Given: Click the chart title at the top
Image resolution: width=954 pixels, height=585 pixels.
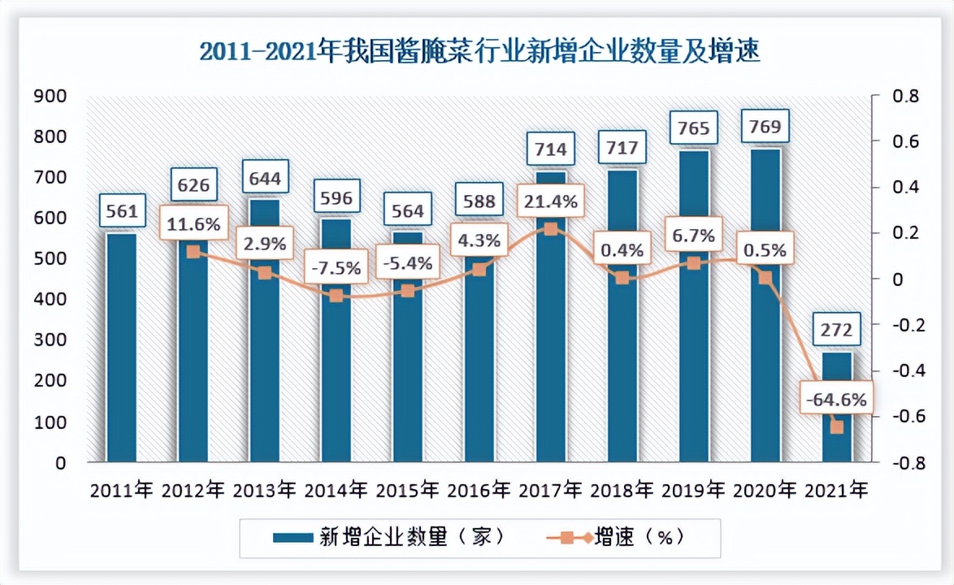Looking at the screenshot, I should pos(479,52).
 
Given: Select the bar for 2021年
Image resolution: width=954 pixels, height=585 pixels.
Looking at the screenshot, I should pos(837,406).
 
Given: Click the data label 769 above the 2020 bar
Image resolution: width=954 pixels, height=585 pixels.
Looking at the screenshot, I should pos(765,127).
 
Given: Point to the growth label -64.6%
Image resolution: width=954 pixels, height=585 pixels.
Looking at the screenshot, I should pos(836,400).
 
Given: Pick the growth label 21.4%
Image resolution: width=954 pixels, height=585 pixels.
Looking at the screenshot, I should pos(550,201).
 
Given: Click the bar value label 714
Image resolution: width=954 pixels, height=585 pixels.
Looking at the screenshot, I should pos(550,149).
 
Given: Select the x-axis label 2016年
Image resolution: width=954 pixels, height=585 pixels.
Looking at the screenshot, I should pos(479,490).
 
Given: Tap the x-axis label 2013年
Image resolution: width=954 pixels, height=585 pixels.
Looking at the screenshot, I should pos(264,490).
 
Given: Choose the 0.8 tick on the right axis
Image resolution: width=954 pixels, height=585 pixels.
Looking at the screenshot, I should pos(900,96).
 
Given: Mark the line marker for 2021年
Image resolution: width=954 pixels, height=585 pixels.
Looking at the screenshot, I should pos(837,427).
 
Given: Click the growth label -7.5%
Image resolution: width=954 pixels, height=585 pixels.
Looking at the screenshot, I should pos(336,267).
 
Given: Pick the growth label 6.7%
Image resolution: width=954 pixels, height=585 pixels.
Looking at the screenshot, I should pos(693,236).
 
